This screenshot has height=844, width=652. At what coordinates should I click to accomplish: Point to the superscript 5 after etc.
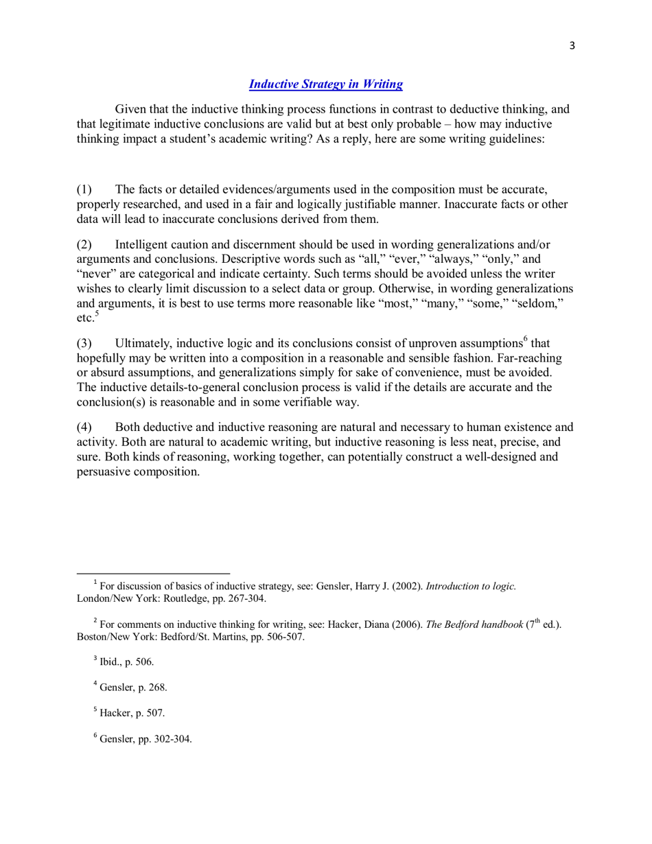pos(96,314)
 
